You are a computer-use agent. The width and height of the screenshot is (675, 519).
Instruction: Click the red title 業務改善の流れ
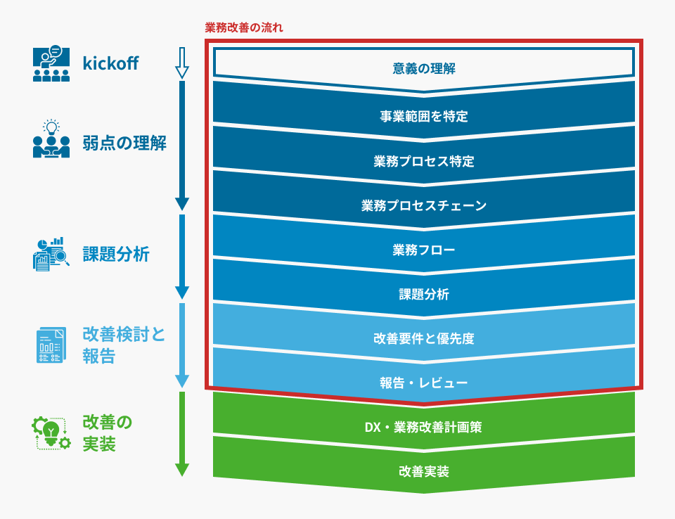pyautogui.click(x=244, y=27)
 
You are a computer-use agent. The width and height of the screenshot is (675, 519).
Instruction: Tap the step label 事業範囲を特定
pyautogui.click(x=423, y=116)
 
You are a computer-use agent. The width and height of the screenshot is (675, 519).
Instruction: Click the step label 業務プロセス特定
pyautogui.click(x=423, y=161)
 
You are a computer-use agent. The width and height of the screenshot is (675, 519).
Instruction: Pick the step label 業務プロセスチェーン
pyautogui.click(x=423, y=205)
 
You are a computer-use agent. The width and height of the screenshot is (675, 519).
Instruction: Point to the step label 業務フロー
pyautogui.click(x=423, y=250)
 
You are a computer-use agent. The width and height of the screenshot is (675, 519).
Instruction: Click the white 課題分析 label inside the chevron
pyautogui.click(x=423, y=294)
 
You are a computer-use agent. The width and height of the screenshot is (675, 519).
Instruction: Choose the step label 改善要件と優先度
pyautogui.click(x=423, y=338)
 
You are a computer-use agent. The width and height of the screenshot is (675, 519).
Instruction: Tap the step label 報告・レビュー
pyautogui.click(x=423, y=383)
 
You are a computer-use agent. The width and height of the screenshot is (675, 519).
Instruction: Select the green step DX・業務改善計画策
pyautogui.click(x=423, y=428)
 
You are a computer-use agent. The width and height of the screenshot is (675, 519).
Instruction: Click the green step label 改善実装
pyautogui.click(x=423, y=472)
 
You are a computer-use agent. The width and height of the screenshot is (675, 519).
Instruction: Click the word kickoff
pyautogui.click(x=110, y=63)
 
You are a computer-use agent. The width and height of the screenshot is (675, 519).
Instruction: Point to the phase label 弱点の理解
pyautogui.click(x=124, y=143)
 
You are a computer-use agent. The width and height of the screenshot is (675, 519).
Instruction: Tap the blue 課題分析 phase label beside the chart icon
pyautogui.click(x=116, y=254)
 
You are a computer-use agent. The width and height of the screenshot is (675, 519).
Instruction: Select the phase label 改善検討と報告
pyautogui.click(x=124, y=345)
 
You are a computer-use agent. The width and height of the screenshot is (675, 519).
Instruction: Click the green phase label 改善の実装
pyautogui.click(x=107, y=433)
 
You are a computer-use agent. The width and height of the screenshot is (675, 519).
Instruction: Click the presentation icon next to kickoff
pyautogui.click(x=51, y=63)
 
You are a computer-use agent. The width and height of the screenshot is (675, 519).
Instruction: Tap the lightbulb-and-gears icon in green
pyautogui.click(x=51, y=433)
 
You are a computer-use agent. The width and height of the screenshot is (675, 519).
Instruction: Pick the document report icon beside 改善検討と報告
pyautogui.click(x=51, y=345)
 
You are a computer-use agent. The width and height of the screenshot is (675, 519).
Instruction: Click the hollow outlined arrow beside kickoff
pyautogui.click(x=182, y=63)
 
